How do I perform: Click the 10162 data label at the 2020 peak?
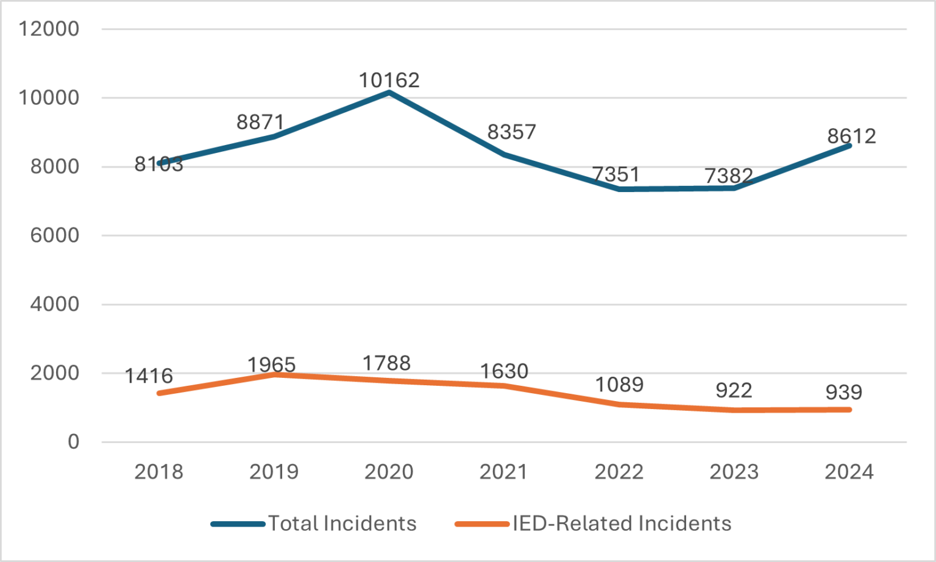tap(389, 80)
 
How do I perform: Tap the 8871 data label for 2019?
tap(260, 122)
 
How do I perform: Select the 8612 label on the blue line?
tap(851, 136)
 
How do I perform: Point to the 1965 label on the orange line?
tap(271, 365)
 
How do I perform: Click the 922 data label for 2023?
tap(734, 390)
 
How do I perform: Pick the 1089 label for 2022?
tap(619, 385)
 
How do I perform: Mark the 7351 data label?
tap(616, 174)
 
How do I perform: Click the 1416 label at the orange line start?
tap(149, 376)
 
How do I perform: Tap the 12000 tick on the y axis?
tap(49, 29)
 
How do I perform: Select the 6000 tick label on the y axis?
tap(55, 235)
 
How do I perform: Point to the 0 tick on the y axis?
tap(73, 442)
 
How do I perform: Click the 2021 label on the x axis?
tap(503, 472)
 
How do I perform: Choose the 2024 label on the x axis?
tap(849, 472)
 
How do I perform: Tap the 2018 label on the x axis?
tap(158, 472)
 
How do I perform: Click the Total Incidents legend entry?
tap(342, 524)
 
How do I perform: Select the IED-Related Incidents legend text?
tap(622, 524)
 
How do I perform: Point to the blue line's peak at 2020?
tap(389, 93)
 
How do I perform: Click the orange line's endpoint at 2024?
tap(849, 410)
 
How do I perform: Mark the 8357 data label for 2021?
tap(511, 132)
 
